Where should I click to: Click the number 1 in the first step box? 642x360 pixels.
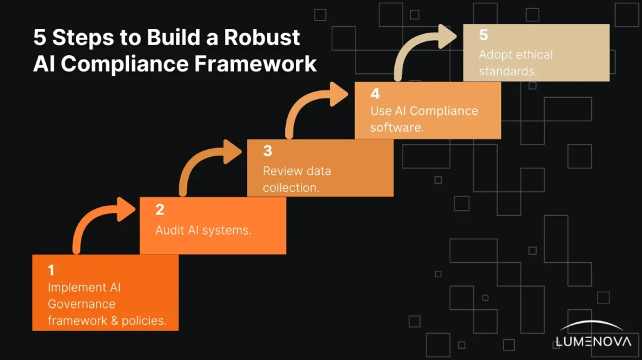[51, 271]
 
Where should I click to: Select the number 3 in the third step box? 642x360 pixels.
[267, 151]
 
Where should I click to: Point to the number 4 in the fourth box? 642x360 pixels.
[375, 93]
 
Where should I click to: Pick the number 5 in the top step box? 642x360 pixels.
[483, 35]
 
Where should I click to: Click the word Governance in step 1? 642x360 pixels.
[82, 304]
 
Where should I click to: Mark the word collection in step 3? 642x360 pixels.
[291, 188]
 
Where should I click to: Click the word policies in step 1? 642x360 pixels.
[144, 321]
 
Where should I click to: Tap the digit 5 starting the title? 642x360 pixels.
[39, 38]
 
